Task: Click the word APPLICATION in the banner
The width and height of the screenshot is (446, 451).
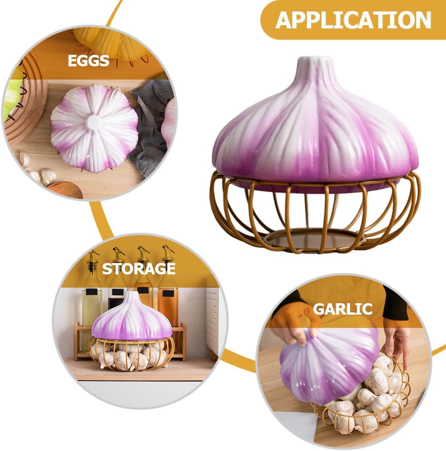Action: pyautogui.click(x=353, y=19)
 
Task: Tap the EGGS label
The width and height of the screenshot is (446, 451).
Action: pyautogui.click(x=89, y=60)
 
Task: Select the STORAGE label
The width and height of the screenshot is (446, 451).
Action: pyautogui.click(x=139, y=268)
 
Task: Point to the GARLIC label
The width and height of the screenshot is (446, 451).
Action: pyautogui.click(x=343, y=309)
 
